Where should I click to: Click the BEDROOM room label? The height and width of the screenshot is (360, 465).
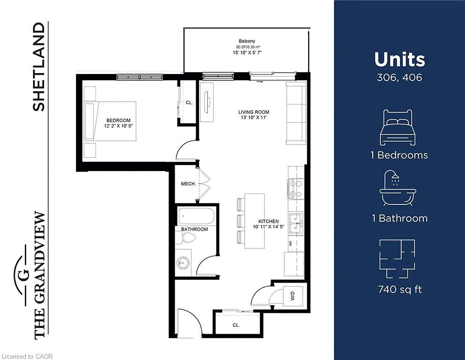118,120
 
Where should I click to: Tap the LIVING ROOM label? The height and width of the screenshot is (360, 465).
254,112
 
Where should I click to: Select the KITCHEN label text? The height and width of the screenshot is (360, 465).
269,221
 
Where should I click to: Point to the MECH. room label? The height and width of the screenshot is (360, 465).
188,184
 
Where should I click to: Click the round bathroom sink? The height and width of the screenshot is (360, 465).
184,262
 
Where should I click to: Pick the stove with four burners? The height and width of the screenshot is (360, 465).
295,189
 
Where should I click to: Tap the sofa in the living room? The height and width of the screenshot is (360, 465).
296,113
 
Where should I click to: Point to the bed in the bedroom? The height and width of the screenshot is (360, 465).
110,121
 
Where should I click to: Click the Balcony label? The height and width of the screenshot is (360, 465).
246,41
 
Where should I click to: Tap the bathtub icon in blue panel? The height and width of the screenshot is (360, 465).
398,188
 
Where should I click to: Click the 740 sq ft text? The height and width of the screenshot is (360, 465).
399,289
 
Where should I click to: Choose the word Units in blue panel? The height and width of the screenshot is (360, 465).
399,60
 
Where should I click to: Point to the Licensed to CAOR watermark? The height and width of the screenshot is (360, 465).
27,356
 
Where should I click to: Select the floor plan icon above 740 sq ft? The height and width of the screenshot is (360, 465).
399,258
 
